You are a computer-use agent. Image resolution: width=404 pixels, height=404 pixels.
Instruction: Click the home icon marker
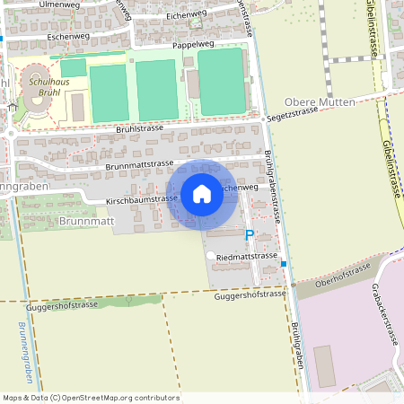click(202, 193)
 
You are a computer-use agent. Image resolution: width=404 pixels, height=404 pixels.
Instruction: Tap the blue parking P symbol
click(250, 234)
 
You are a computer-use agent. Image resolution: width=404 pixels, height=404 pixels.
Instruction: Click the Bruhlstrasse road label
click(139, 128)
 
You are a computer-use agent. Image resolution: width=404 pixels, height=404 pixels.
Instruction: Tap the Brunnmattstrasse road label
click(139, 164)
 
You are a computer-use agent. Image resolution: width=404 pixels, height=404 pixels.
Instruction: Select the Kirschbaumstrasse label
click(142, 198)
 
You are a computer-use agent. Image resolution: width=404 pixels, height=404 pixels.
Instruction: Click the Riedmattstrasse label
click(249, 256)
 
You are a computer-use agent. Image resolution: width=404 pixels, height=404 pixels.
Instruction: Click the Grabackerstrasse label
click(384, 315)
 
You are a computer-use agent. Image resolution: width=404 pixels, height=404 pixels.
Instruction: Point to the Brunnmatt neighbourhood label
click(88, 220)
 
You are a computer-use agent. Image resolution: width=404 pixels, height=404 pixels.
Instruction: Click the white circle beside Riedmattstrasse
click(211, 256)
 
